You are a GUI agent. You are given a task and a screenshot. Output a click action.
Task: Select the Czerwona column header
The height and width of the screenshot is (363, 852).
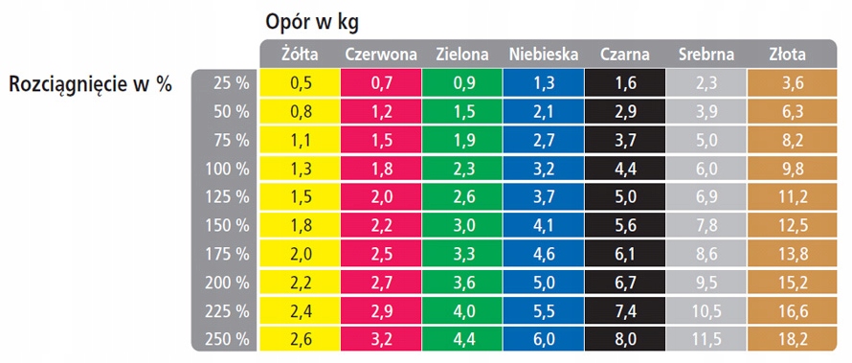pos(380,55)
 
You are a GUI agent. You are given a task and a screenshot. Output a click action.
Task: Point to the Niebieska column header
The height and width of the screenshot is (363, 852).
pos(544,55)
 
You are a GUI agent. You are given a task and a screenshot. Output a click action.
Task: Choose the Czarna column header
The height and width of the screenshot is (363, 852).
pos(625,55)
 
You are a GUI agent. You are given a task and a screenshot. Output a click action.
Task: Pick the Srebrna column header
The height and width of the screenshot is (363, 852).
pos(706,55)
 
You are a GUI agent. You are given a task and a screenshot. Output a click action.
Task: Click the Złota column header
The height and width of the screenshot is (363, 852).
pos(788,55)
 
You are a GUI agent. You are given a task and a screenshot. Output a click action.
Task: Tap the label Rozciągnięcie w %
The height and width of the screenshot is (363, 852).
pos(90,84)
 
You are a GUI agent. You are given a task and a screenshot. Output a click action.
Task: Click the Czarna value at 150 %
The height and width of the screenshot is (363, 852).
pos(625,226)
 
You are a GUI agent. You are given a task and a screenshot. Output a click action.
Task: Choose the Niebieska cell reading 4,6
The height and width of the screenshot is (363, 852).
pos(544,254)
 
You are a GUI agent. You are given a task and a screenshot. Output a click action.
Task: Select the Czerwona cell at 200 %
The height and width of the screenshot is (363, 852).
pos(380,283)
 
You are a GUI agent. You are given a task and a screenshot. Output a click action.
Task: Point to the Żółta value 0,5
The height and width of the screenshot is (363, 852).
pos(299,83)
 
